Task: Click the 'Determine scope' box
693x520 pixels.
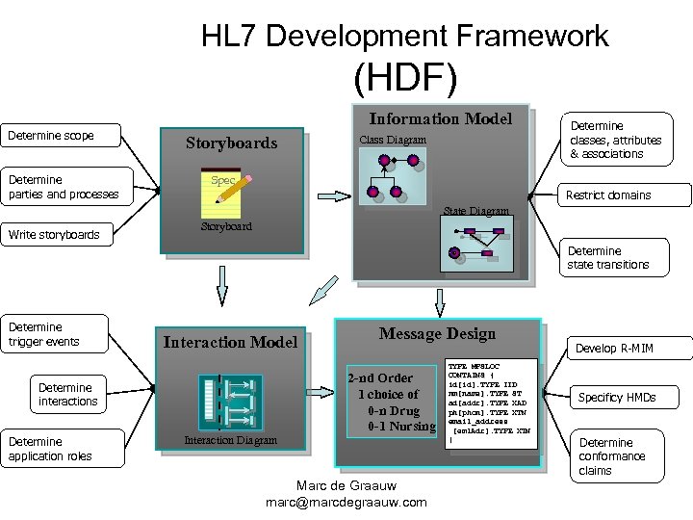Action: coord(61,136)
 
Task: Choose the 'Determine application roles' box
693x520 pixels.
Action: coord(60,449)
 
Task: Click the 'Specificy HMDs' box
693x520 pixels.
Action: coord(616,397)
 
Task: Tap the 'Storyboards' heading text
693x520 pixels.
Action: coord(231,143)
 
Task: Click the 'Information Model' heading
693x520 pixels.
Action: coord(441,118)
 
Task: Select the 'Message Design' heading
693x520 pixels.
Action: coord(437,333)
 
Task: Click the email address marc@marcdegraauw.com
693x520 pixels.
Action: coord(346,502)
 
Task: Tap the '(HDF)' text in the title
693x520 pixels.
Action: coord(404,77)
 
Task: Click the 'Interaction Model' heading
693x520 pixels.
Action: coord(230,342)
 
